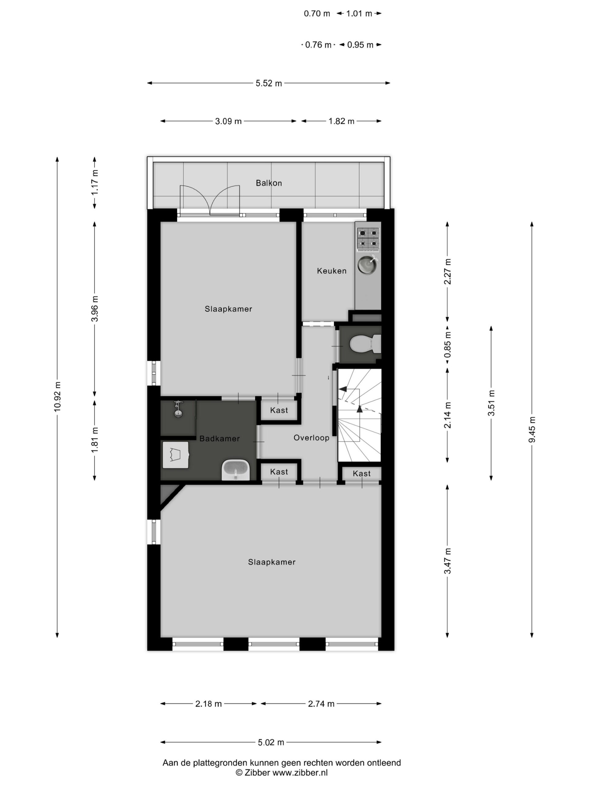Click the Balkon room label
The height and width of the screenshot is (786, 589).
tap(269, 183)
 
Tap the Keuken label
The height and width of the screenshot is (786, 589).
tap(332, 271)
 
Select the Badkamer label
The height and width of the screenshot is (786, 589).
tap(219, 438)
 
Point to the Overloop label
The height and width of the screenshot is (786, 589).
tap(311, 438)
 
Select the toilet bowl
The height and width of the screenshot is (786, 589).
tap(365, 344)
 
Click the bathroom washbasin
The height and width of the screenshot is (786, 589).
tap(235, 470)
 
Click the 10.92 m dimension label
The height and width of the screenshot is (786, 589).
tap(57, 397)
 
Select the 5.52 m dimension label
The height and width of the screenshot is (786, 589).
tap(269, 83)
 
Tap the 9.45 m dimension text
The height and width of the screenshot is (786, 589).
tap(532, 430)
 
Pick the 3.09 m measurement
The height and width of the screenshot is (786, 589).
tap(228, 121)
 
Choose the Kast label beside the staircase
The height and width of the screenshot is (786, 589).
tap(361, 473)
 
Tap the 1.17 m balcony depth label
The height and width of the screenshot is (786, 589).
tap(94, 182)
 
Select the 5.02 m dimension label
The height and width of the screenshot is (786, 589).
tap(271, 742)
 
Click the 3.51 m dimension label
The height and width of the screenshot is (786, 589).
tap(491, 403)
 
